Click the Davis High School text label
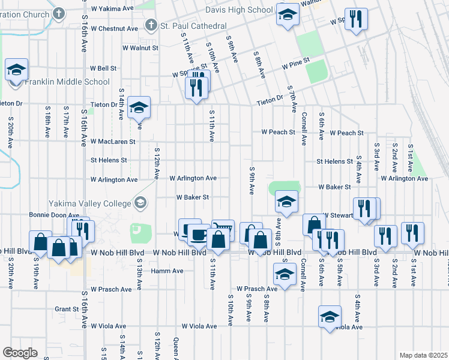pyautogui.click(x=239, y=10)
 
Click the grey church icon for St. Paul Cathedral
pyautogui.click(x=150, y=26)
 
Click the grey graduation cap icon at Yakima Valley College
pyautogui.click(x=140, y=203)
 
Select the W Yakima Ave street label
pyautogui.click(x=112, y=9)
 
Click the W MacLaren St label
pyautogui.click(x=113, y=142)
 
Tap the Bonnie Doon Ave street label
pyautogui.click(x=54, y=215)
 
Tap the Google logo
pyautogui.click(x=20, y=353)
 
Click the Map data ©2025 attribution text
pyautogui.click(x=423, y=355)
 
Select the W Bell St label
pyautogui.click(x=103, y=68)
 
